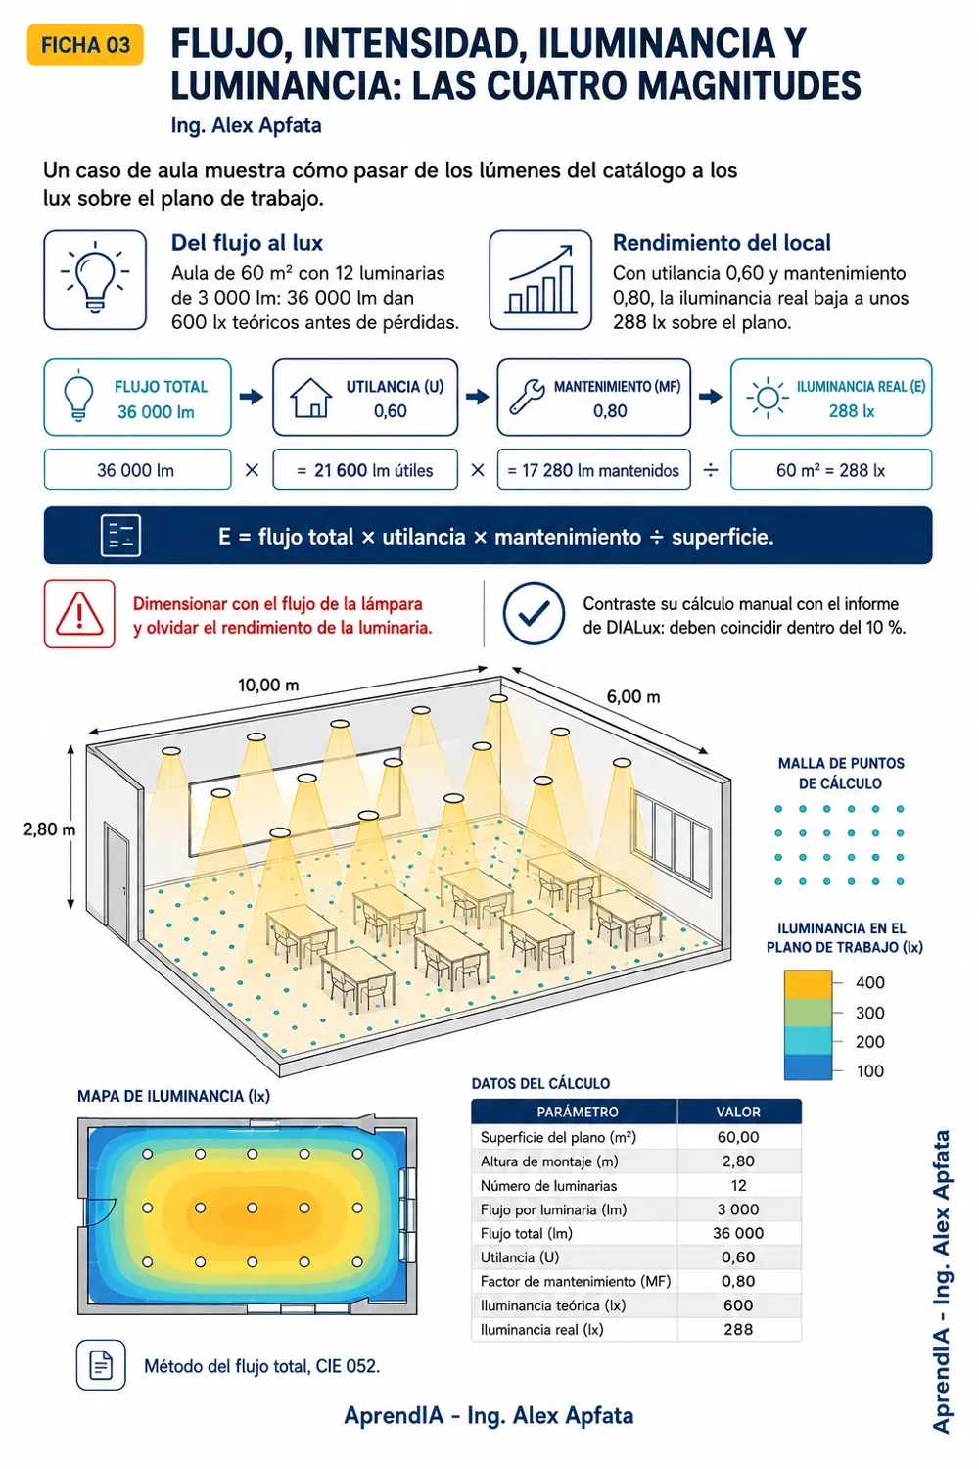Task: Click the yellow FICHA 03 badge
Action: (85, 45)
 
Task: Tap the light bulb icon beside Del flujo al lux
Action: (95, 279)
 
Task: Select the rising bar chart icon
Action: (540, 279)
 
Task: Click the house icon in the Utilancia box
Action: (310, 398)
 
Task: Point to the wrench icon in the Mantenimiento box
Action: (527, 397)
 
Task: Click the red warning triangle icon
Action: (79, 614)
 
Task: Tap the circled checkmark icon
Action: (534, 613)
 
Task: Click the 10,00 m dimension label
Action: (268, 686)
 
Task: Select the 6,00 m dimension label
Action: (632, 696)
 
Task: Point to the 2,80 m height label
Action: (49, 829)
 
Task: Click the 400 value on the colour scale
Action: (870, 982)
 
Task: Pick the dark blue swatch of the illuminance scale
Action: (808, 1066)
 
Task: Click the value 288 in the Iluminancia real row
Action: (738, 1329)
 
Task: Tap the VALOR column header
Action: (738, 1112)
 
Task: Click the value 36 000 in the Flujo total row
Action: (738, 1233)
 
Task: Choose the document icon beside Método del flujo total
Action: (101, 1365)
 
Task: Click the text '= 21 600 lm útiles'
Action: (364, 470)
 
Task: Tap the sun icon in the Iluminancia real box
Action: (768, 398)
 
